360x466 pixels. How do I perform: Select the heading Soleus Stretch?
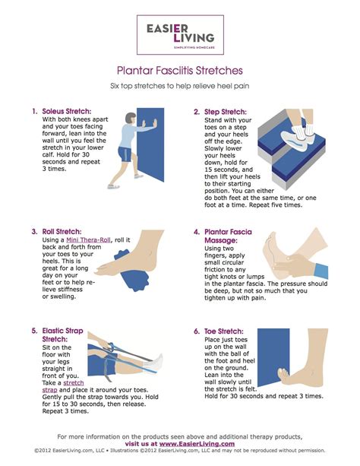(x=65, y=111)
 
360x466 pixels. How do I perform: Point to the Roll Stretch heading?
(x=61, y=232)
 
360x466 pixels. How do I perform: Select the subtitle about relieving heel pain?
(x=179, y=86)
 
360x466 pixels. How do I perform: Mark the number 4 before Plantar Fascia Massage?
(x=197, y=232)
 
